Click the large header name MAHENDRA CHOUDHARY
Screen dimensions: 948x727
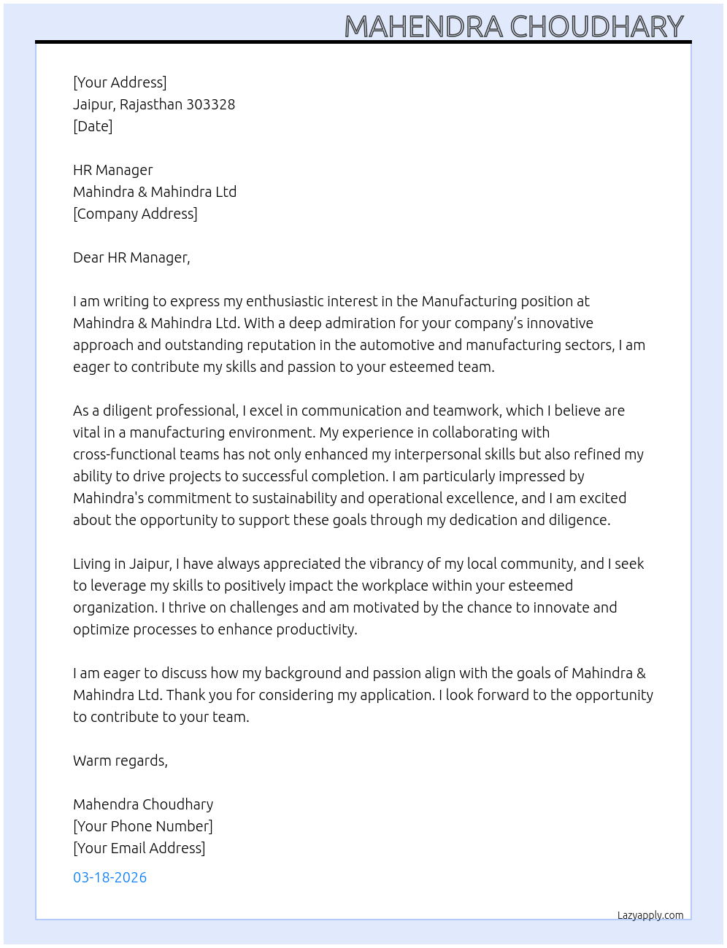pyautogui.click(x=514, y=26)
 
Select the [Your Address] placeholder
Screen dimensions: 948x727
pyautogui.click(x=120, y=82)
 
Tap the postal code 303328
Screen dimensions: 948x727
pyautogui.click(x=210, y=104)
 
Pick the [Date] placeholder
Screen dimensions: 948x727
pyautogui.click(x=93, y=126)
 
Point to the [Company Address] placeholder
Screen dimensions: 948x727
pyautogui.click(x=135, y=214)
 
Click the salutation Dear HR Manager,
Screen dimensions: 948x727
pyautogui.click(x=131, y=257)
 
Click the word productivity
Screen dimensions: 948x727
pyautogui.click(x=319, y=629)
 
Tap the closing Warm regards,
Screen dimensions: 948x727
pyautogui.click(x=120, y=761)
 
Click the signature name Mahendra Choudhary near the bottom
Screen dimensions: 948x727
pyautogui.click(x=143, y=804)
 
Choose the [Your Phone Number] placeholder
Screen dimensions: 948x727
pyautogui.click(x=143, y=826)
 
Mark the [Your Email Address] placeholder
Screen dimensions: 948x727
pyautogui.click(x=139, y=848)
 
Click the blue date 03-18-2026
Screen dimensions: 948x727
pyautogui.click(x=109, y=877)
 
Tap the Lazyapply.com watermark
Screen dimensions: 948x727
pyautogui.click(x=650, y=915)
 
